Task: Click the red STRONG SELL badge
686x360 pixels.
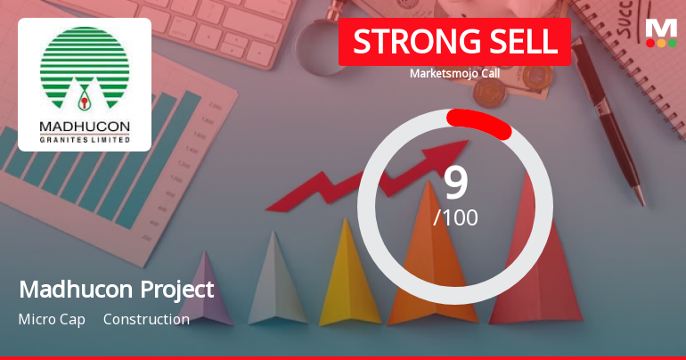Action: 454,42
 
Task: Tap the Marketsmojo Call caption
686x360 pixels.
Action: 454,73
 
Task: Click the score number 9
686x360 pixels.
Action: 455,183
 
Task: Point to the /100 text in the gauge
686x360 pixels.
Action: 455,217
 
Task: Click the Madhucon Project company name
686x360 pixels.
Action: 116,290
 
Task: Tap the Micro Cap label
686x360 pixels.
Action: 52,319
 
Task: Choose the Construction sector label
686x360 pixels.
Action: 146,319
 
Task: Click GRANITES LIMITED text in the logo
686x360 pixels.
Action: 85,139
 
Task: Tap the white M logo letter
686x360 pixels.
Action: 661,27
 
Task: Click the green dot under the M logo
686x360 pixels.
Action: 672,43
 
